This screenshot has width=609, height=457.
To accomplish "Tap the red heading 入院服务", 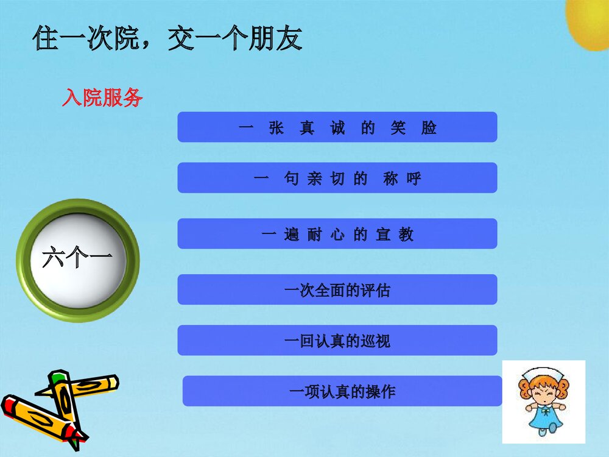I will (102, 97).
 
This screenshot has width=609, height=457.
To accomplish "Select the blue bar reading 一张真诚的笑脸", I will (337, 127).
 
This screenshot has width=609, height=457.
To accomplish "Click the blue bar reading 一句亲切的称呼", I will (337, 178).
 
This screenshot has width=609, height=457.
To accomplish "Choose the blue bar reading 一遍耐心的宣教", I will (337, 234).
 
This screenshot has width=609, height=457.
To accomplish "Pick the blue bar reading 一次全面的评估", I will (337, 289).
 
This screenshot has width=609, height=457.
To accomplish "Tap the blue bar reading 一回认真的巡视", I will (337, 340).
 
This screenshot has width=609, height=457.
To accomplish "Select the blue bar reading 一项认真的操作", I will (342, 391).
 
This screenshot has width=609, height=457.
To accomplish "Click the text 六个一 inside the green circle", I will (77, 260).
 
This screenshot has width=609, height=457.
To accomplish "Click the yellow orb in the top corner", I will (590, 21).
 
